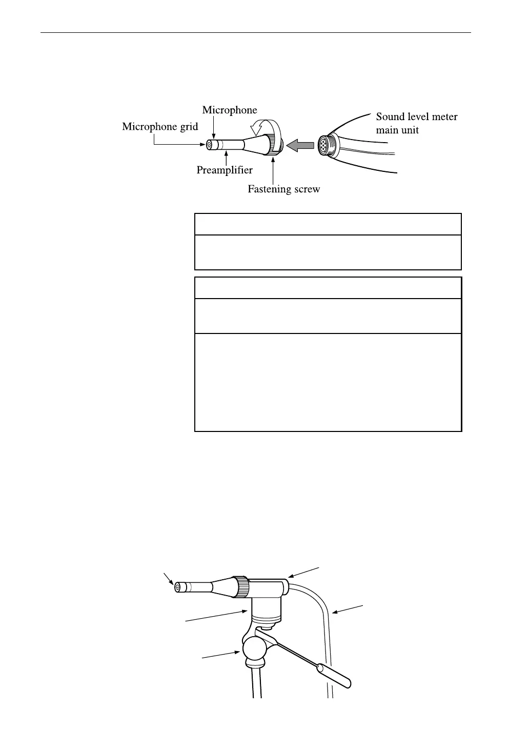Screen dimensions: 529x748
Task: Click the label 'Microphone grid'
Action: [160, 127]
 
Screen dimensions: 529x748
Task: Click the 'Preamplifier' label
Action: [225, 170]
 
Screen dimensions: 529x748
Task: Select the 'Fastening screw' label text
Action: [283, 189]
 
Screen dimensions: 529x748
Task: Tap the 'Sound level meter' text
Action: [416, 117]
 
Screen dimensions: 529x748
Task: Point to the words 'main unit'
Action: [397, 130]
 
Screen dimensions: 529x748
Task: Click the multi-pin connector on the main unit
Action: [325, 144]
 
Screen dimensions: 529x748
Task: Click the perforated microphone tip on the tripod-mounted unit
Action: [178, 587]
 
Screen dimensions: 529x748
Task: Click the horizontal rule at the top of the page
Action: [255, 33]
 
